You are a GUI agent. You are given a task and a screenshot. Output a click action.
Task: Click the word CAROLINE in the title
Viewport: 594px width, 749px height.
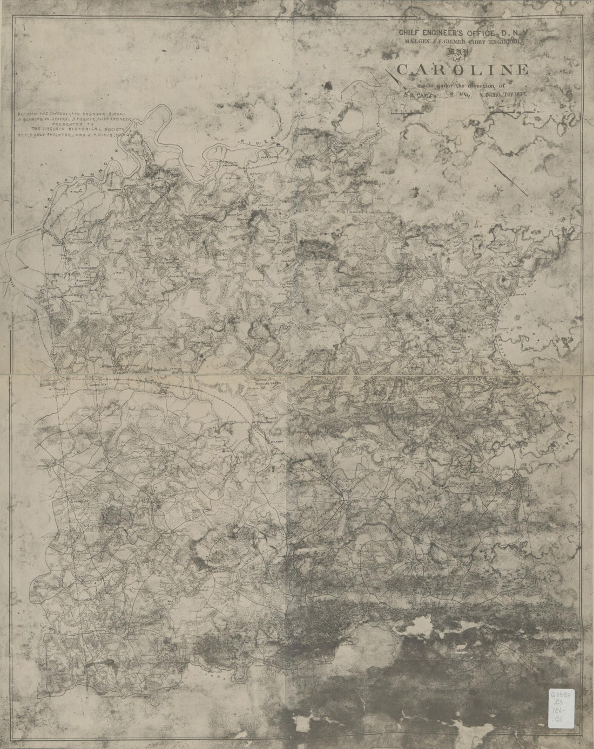463,70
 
